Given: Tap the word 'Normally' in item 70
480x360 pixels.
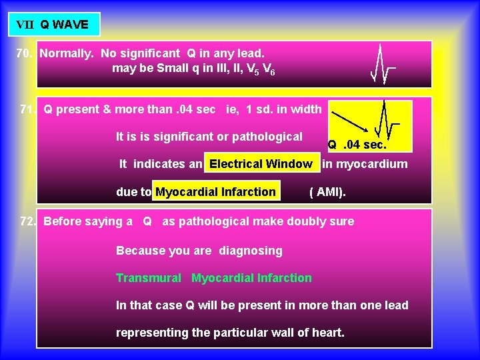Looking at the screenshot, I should point(65,53).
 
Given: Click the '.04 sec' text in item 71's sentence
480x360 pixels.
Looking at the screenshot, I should point(185,109).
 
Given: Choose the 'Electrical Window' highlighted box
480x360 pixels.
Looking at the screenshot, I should point(261,164).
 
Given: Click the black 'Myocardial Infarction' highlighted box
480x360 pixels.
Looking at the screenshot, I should point(215,192).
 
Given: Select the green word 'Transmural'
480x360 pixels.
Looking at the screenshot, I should point(148,278).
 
